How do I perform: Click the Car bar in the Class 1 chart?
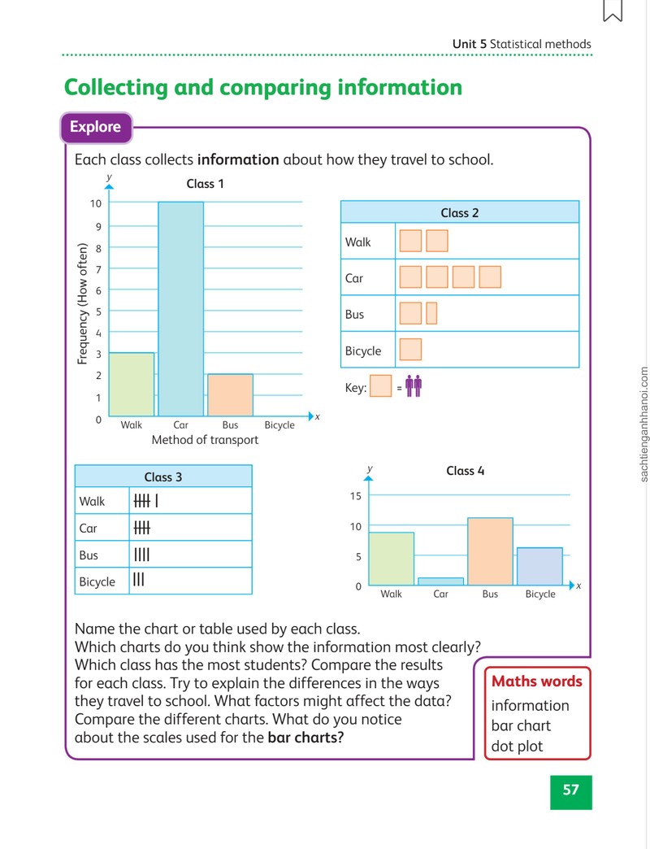[x=180, y=309]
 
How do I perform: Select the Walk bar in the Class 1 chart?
[x=132, y=385]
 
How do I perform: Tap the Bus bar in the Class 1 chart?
[x=231, y=394]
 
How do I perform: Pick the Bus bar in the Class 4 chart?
[x=490, y=551]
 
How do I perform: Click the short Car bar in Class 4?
[x=440, y=581]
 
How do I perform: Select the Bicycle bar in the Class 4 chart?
[x=539, y=566]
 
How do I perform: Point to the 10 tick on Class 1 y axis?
[x=96, y=203]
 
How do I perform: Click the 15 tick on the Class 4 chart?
[x=355, y=496]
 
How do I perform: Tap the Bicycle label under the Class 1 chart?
[x=279, y=425]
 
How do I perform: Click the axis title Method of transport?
[x=205, y=440]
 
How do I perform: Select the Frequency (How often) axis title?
[x=82, y=303]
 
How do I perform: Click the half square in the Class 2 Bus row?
[x=431, y=314]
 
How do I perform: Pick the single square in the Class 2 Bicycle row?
[x=410, y=350]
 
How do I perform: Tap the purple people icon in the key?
[x=413, y=386]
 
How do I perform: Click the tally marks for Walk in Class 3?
[x=146, y=501]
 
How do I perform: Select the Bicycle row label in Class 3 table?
[x=97, y=581]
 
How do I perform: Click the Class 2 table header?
[x=460, y=212]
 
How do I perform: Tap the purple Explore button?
[x=96, y=127]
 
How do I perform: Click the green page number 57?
[x=570, y=791]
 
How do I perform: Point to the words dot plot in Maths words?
[x=517, y=746]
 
